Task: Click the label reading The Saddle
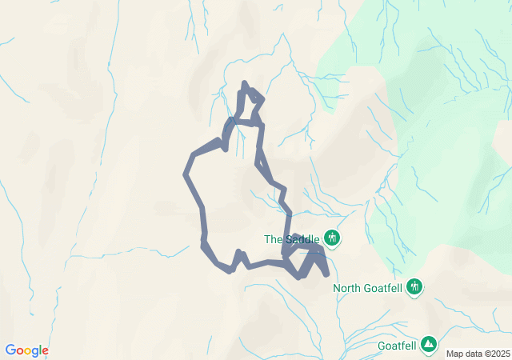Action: tap(291, 238)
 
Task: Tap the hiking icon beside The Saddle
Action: tap(332, 238)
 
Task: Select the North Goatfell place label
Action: tap(368, 288)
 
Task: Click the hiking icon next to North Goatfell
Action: tap(414, 286)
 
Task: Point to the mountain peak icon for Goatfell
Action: tap(429, 344)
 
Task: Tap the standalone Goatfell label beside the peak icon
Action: tap(397, 346)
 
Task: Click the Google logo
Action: tap(26, 350)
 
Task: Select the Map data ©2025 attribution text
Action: tap(477, 354)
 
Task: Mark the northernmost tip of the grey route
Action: tap(244, 82)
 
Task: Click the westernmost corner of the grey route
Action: tap(186, 174)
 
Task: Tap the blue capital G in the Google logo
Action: tap(10, 350)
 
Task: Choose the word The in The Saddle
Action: tap(273, 238)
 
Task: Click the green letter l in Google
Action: tap(40, 350)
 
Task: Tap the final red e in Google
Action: tap(45, 351)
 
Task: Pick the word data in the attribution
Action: tap(472, 354)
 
